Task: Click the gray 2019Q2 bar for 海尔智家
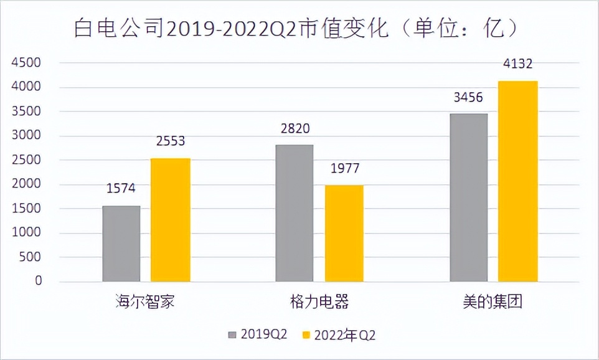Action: tap(121, 244)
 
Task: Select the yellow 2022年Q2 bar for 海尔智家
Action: tap(170, 220)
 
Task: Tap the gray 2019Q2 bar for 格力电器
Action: tap(295, 213)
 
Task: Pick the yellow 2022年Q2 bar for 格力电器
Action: tap(344, 234)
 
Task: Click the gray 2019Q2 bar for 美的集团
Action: tap(468, 197)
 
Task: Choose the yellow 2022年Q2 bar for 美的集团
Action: tap(517, 181)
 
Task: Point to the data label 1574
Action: tap(121, 188)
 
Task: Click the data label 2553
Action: tap(170, 141)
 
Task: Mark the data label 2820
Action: tap(295, 129)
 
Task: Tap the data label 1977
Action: tap(344, 169)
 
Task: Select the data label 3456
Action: tap(468, 98)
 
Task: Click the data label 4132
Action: tap(517, 64)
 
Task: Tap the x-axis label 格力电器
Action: tap(319, 303)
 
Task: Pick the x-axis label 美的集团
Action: tap(493, 303)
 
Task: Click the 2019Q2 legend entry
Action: tap(257, 335)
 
